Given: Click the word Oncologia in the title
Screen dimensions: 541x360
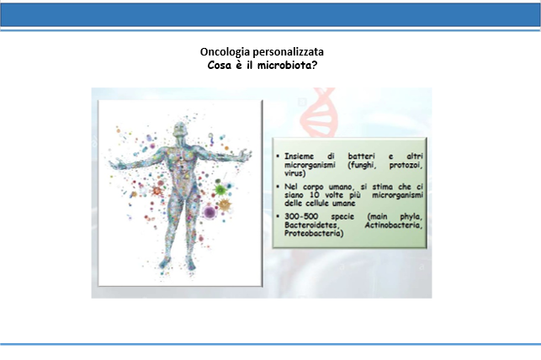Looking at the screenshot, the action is pyautogui.click(x=225, y=52).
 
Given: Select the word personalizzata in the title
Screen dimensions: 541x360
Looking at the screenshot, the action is pyautogui.click(x=289, y=52).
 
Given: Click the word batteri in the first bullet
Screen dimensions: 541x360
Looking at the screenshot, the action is pyautogui.click(x=361, y=156).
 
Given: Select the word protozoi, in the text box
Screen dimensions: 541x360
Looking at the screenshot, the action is pyautogui.click(x=406, y=165).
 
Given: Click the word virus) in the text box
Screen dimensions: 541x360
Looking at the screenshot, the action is pyautogui.click(x=295, y=173).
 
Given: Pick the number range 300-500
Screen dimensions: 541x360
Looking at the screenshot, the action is pyautogui.click(x=301, y=216).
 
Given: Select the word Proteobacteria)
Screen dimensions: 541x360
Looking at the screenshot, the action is pyautogui.click(x=314, y=234).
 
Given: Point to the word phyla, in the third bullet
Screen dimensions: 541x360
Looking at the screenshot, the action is pyautogui.click(x=411, y=217).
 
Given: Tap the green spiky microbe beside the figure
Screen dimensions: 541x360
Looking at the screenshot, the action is pyautogui.click(x=220, y=189).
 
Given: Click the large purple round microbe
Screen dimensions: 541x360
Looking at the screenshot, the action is pyautogui.click(x=210, y=212).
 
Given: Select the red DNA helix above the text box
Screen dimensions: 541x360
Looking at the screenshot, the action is pyautogui.click(x=317, y=113).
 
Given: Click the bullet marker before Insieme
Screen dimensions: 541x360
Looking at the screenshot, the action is pyautogui.click(x=278, y=156).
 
